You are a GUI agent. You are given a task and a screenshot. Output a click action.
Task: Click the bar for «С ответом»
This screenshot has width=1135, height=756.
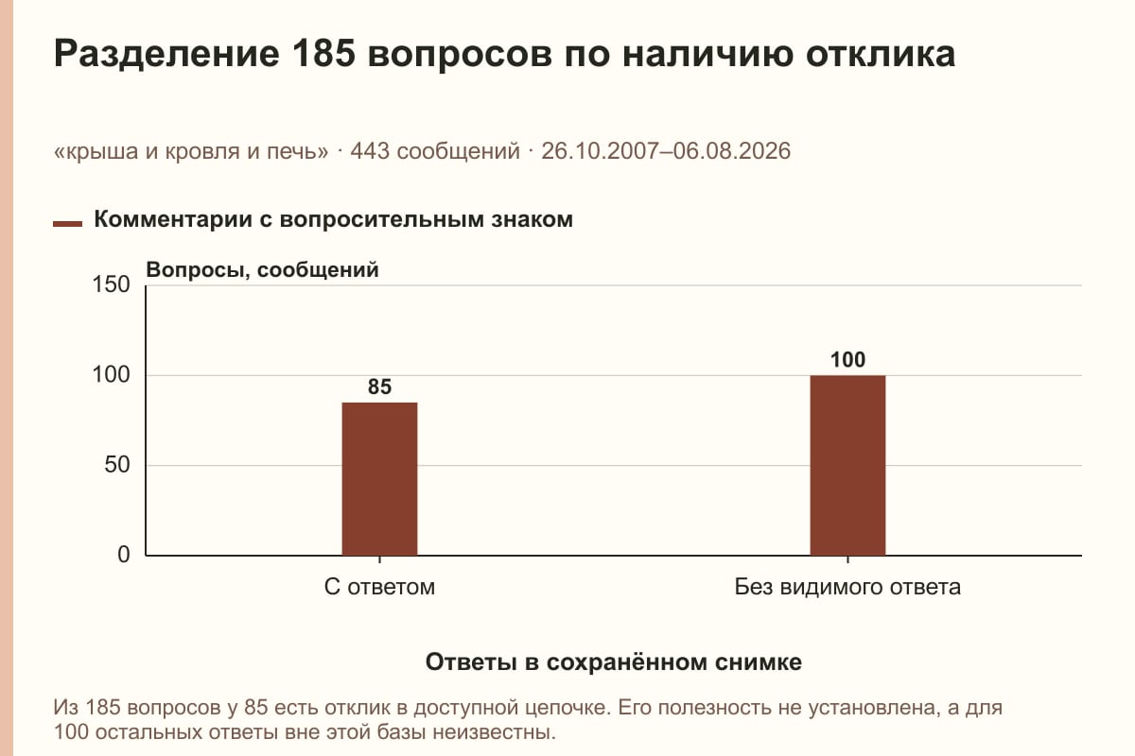[379, 479]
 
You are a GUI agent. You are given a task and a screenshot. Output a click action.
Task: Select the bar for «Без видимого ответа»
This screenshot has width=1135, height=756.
[847, 465]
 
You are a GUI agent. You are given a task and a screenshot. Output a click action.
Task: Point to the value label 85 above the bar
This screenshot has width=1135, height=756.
[379, 387]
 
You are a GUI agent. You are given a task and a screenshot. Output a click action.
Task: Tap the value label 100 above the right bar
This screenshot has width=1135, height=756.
[847, 360]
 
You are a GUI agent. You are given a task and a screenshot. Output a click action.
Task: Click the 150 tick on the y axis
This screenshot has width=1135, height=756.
[111, 284]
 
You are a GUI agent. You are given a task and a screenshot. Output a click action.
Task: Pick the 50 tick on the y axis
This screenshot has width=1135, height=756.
[117, 465]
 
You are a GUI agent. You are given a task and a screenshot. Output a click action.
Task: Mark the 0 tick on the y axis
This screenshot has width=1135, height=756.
[124, 555]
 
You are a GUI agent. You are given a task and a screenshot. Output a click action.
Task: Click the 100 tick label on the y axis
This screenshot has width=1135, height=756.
[111, 375]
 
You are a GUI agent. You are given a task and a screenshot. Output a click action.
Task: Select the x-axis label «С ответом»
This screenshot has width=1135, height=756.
[379, 588]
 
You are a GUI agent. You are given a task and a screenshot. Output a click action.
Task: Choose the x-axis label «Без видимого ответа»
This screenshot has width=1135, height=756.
[847, 588]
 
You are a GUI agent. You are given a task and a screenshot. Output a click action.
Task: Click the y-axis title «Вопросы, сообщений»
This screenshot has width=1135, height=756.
[263, 270]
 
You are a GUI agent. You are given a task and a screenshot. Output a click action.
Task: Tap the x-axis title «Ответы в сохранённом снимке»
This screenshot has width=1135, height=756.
[614, 662]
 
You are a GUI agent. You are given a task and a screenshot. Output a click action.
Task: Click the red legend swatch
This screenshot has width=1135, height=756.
[67, 224]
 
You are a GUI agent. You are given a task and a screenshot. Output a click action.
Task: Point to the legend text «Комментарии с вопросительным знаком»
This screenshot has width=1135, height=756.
[333, 220]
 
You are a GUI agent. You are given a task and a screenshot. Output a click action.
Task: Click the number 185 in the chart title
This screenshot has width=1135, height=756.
[323, 53]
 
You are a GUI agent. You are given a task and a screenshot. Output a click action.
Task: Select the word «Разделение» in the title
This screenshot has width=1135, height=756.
[166, 54]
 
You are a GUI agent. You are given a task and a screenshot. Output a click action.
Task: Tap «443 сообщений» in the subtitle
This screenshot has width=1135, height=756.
[435, 151]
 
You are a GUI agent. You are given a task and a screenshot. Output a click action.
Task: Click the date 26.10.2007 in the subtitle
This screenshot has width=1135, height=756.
[600, 151]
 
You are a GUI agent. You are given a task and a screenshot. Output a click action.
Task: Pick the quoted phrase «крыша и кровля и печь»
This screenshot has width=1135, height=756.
[191, 151]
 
